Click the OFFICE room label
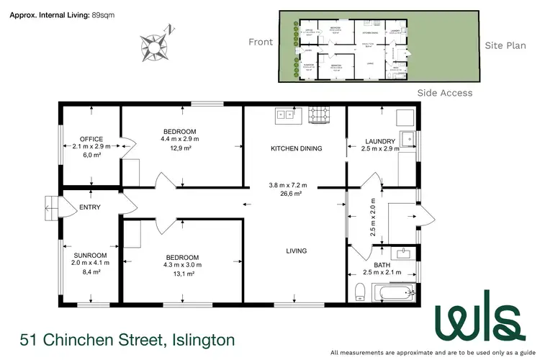pyautogui.click(x=91, y=139)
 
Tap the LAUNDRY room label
pyautogui.click(x=379, y=141)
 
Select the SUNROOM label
pyautogui.click(x=90, y=256)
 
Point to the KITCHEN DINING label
pyautogui.click(x=296, y=149)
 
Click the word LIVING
pyautogui.click(x=296, y=251)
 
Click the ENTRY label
pyautogui.click(x=90, y=207)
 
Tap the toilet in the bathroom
pyautogui.click(x=359, y=292)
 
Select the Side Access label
pyautogui.click(x=445, y=93)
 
